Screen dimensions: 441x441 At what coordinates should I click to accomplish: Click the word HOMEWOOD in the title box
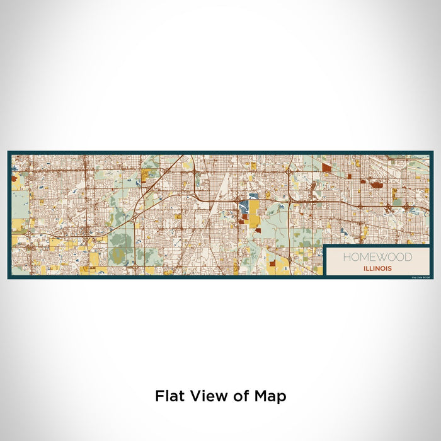[377, 257]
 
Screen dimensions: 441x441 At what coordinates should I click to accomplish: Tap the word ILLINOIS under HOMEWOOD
[377, 268]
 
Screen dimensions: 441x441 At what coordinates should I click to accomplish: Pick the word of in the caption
[239, 396]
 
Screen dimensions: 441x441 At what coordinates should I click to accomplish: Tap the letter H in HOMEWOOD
[346, 257]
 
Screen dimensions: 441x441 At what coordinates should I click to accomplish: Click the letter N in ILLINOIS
[377, 268]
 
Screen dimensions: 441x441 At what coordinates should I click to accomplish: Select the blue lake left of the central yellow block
[242, 207]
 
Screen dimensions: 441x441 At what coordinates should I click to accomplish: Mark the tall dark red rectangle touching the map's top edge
[326, 168]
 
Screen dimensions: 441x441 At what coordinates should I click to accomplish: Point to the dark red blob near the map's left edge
[15, 178]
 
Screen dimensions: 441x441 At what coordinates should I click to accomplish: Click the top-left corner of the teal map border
[9, 152]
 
